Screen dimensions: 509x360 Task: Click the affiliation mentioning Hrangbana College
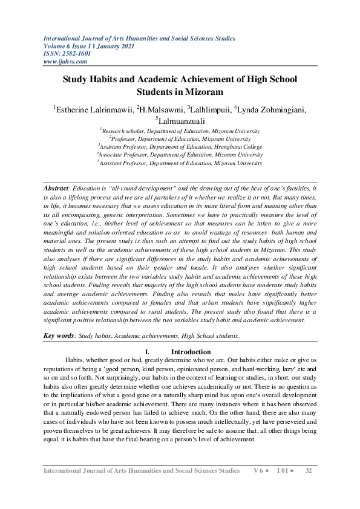(x=180, y=146)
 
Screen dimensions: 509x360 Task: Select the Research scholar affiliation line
(x=180, y=130)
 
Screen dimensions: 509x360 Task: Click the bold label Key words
(x=59, y=335)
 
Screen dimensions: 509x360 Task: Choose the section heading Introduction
(x=191, y=352)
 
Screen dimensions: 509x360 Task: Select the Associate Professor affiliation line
(x=180, y=154)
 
